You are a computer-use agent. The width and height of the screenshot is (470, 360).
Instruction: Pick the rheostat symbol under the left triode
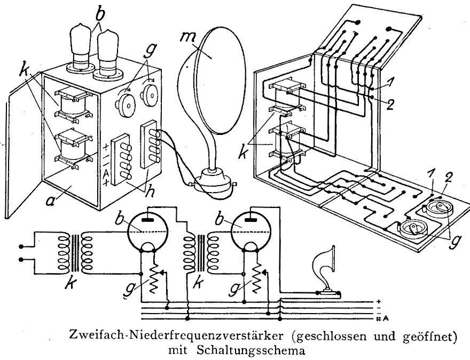(x=154, y=279)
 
